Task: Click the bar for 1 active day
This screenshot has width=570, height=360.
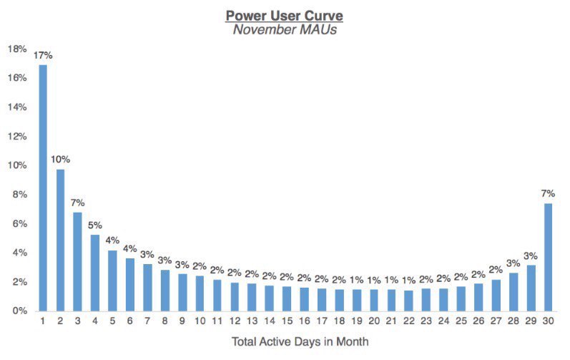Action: (43, 188)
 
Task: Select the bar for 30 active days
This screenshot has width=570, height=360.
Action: (548, 257)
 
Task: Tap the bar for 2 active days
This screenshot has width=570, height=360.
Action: (60, 240)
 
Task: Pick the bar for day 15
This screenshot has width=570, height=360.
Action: (287, 298)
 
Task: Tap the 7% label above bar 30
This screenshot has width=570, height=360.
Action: (548, 193)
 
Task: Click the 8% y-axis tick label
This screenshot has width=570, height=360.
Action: (19, 195)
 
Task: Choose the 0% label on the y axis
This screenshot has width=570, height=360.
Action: (19, 311)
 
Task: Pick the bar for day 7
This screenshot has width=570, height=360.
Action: (147, 287)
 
